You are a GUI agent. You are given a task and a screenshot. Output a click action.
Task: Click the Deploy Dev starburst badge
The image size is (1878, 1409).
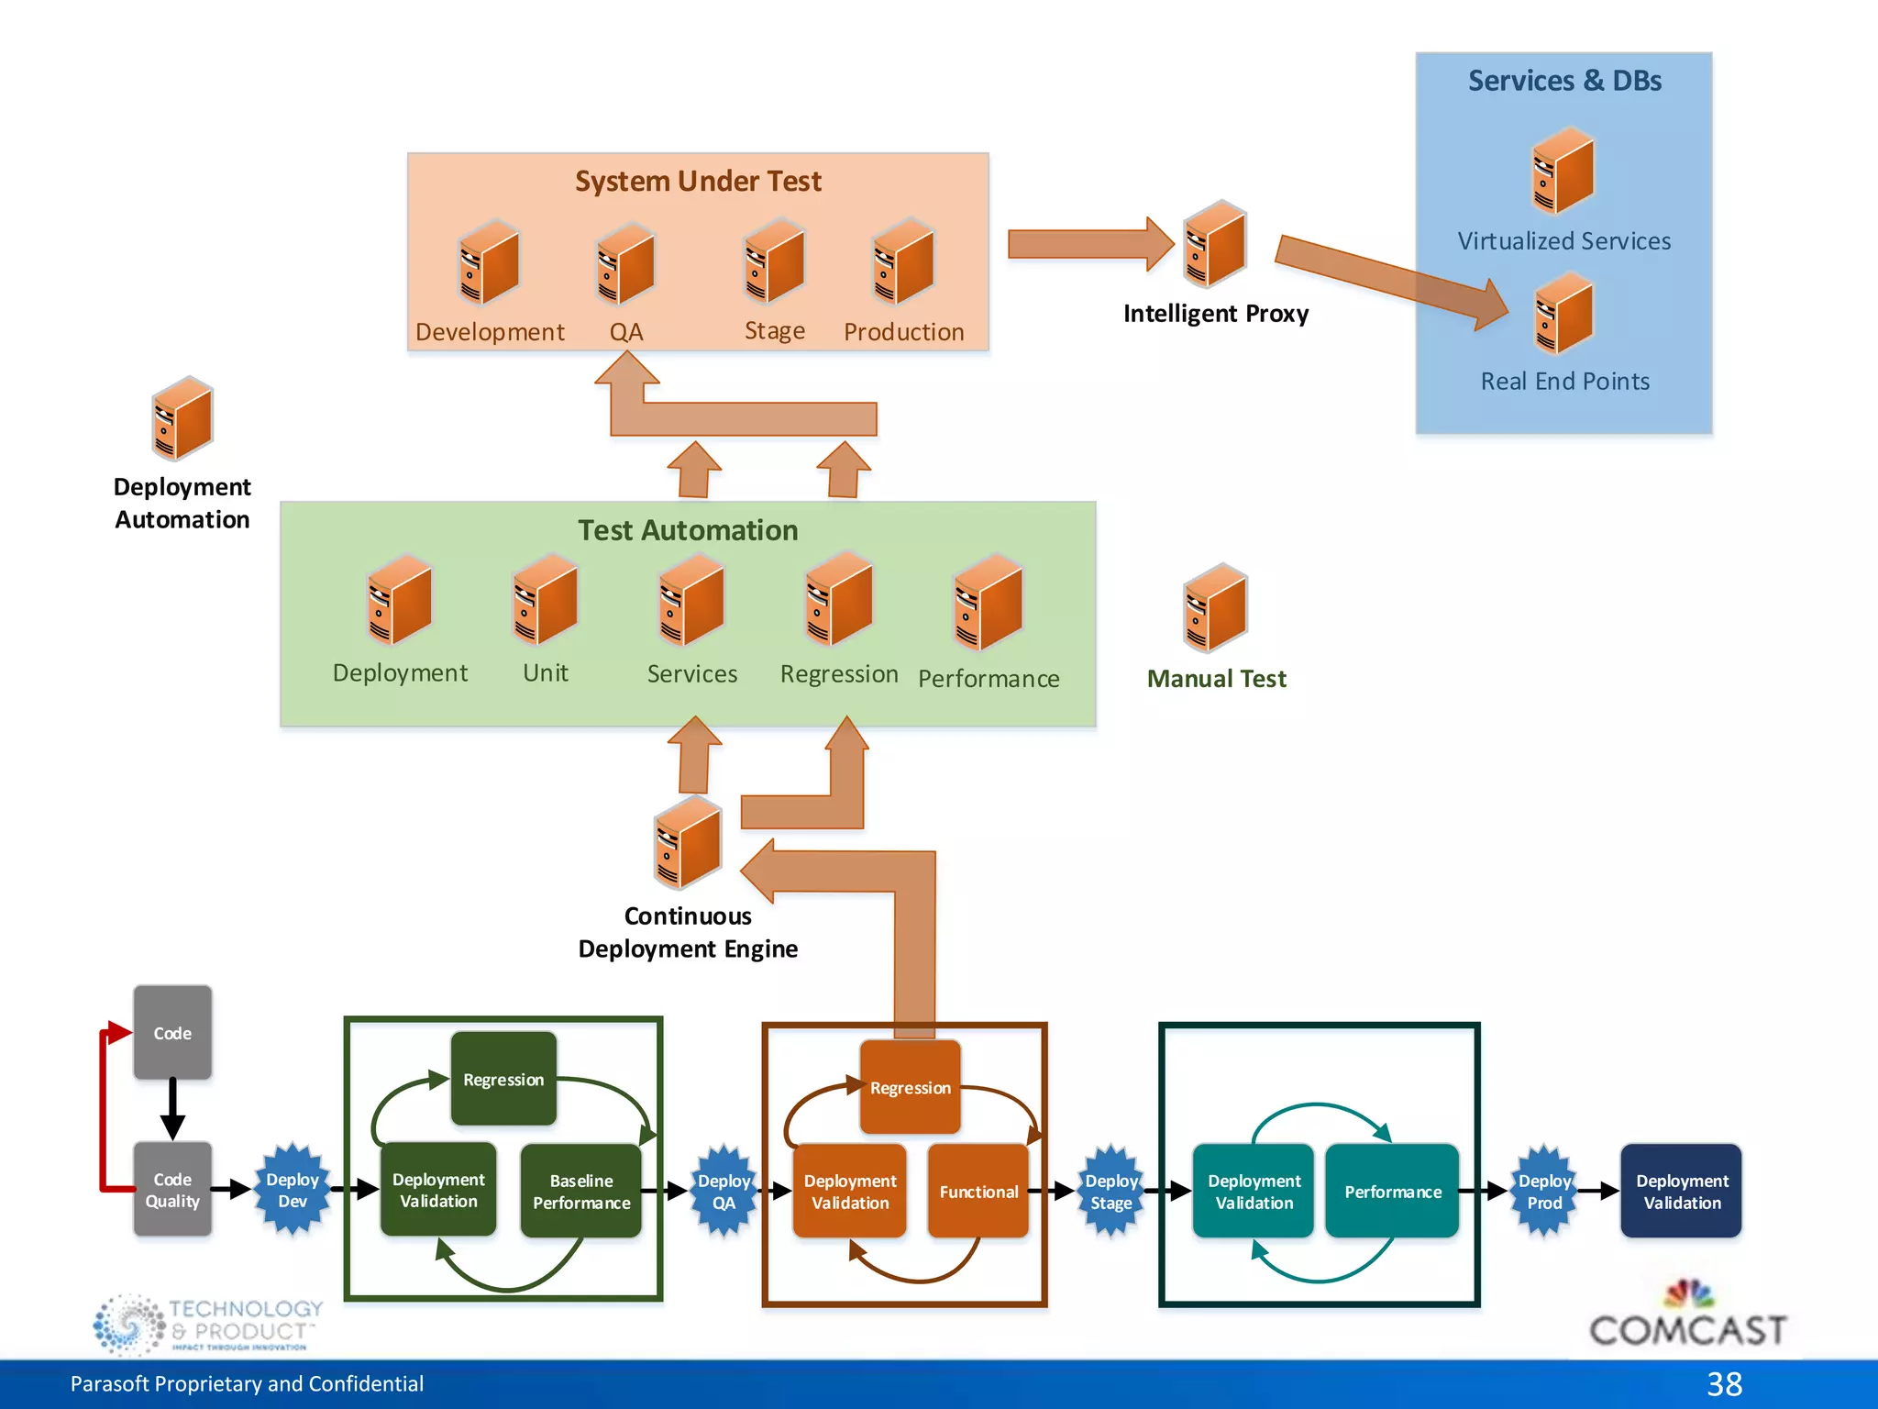coord(292,1190)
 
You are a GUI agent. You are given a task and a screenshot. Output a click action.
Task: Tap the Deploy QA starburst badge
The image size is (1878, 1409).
coord(724,1191)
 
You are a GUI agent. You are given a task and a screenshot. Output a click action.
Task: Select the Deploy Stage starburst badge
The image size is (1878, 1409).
coord(1110,1191)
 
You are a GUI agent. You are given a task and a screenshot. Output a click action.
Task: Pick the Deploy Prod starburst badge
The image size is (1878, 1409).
coord(1544,1191)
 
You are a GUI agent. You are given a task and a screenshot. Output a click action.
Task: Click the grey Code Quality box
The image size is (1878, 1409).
coord(172,1190)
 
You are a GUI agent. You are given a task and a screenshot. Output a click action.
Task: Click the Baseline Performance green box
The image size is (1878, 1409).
coord(581,1191)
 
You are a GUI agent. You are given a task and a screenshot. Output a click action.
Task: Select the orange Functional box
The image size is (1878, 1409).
coord(978,1191)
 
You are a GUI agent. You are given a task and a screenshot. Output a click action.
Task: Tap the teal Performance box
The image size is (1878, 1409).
coord(1392,1191)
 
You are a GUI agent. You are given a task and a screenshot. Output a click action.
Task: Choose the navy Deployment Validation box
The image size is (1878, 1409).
coord(1681,1191)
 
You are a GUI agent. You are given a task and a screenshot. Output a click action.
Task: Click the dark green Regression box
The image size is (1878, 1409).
coord(503,1079)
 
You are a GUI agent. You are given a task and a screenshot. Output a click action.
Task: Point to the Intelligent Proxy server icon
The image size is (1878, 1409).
coord(1215,244)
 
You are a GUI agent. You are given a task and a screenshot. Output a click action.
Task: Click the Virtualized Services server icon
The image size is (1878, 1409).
coord(1563,171)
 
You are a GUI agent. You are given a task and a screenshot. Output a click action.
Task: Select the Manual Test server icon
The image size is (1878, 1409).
coord(1215,607)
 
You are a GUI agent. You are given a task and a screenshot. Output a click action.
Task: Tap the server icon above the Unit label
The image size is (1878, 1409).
coord(546,600)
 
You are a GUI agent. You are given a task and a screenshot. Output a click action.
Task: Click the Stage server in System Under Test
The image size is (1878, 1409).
coord(775,261)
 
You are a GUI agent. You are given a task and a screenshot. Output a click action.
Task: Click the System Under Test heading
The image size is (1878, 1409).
coord(698,181)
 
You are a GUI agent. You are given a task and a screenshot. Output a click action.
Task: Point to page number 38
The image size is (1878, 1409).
coord(1724,1383)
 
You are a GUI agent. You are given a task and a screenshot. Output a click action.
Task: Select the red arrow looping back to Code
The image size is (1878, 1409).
coord(105,1110)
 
